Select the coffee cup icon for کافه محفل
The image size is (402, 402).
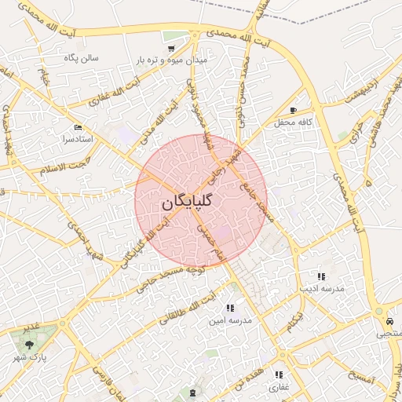click(x=294, y=111)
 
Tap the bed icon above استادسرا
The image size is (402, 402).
click(x=77, y=127)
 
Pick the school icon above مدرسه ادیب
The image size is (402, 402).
click(x=320, y=276)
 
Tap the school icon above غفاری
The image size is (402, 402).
click(x=278, y=375)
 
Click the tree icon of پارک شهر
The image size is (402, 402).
click(x=29, y=344)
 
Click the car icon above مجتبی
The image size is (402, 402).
click(x=389, y=322)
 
